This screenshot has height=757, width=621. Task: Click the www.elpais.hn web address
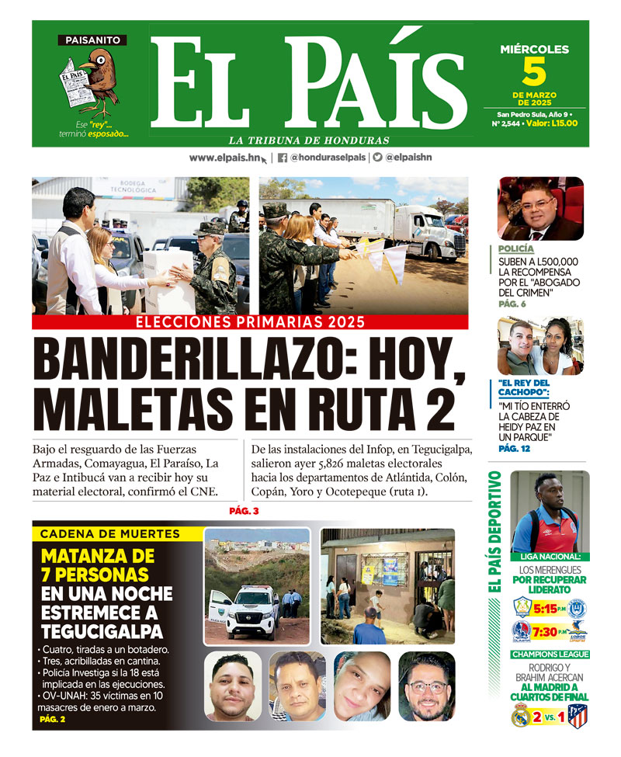(224, 158)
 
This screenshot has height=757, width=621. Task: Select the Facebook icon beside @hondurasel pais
(282, 158)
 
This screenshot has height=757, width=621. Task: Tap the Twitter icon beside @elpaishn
(377, 158)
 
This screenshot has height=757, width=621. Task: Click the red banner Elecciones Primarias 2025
(250, 322)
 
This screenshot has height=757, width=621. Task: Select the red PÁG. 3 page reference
(245, 511)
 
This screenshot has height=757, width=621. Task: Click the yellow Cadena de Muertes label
(109, 534)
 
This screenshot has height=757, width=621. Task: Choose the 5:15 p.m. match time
(550, 609)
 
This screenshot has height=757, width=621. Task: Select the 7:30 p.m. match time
(550, 631)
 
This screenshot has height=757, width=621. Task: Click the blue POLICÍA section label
(516, 249)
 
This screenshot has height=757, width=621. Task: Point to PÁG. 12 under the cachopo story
(514, 449)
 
